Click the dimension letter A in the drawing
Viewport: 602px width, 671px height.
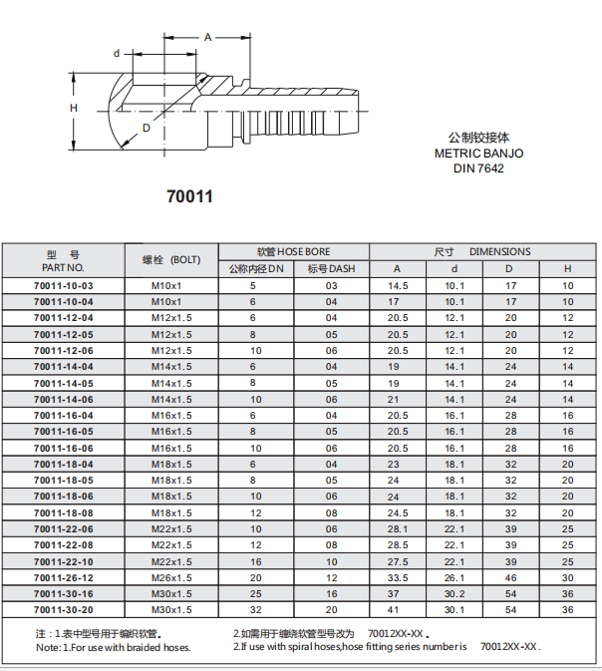point(208,37)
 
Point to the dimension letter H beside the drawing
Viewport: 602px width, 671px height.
point(74,107)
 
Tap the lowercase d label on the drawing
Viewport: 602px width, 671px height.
point(117,53)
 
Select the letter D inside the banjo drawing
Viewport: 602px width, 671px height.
point(147,128)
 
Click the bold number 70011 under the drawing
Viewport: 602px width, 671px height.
point(189,196)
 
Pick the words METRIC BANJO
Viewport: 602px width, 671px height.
point(478,154)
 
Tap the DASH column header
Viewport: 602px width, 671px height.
point(331,268)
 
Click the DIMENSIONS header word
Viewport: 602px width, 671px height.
point(499,251)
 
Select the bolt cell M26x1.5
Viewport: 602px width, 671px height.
point(171,577)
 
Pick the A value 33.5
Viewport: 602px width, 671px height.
point(398,577)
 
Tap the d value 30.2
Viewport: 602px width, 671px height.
point(454,593)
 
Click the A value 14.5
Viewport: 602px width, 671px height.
point(398,285)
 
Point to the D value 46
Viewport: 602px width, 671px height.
point(509,577)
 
